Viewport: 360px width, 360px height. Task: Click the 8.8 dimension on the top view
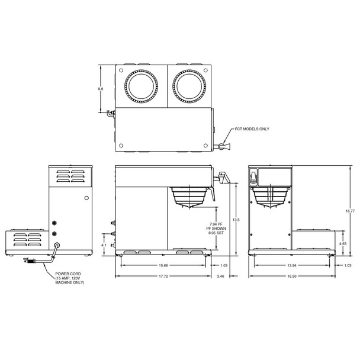click(101, 89)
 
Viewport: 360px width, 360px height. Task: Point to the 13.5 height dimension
click(236, 219)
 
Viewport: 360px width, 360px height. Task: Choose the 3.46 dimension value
click(221, 277)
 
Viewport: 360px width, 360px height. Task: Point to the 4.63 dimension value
click(343, 243)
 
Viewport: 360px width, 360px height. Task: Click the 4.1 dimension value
click(105, 244)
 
